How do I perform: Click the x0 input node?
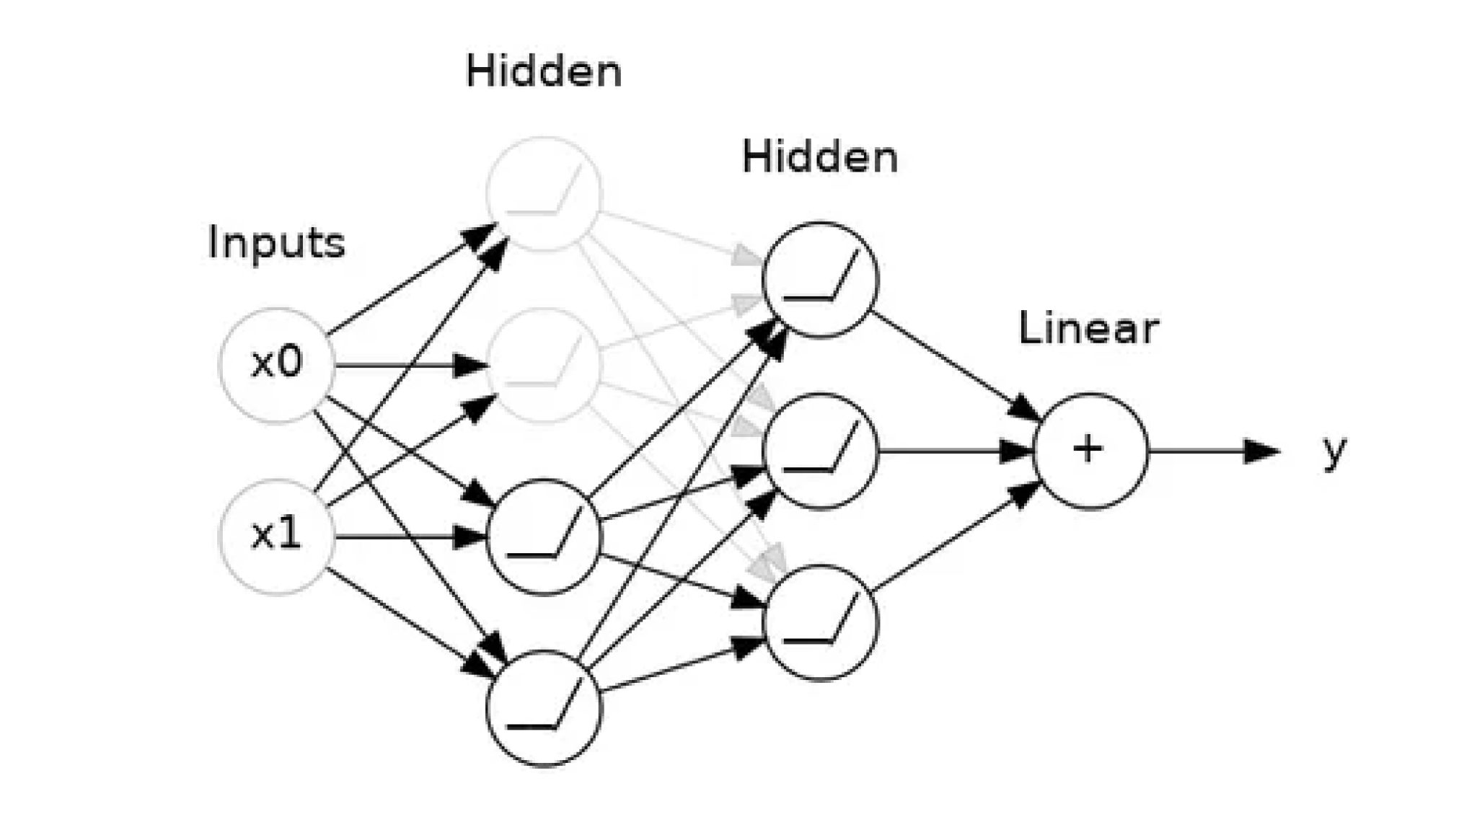[x=277, y=365]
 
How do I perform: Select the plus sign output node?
[x=1090, y=451]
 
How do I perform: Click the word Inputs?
[x=276, y=243]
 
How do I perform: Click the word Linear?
[x=1088, y=329]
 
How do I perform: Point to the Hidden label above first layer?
[x=544, y=72]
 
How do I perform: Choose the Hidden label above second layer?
[x=820, y=157]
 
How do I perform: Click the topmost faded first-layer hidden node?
[x=544, y=194]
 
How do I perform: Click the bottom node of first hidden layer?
[x=544, y=708]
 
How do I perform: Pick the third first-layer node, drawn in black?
[x=544, y=537]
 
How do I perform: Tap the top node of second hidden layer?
[x=821, y=280]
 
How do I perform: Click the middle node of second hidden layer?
[x=821, y=451]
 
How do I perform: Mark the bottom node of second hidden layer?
[x=821, y=622]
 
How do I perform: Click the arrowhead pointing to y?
[x=1262, y=451]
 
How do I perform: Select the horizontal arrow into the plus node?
[x=952, y=452]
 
